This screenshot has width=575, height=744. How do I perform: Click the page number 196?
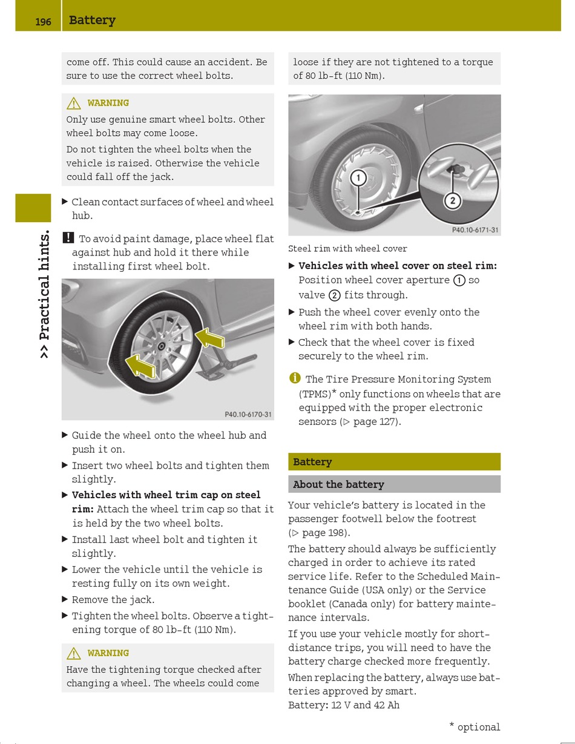43,22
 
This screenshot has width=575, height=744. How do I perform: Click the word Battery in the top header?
92,20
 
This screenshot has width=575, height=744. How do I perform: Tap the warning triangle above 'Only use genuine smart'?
74,104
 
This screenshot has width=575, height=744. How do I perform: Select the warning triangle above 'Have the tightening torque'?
74,654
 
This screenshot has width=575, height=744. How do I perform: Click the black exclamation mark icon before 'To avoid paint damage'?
68,238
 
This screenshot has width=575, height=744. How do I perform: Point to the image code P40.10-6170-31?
248,415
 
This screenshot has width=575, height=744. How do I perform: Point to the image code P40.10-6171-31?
475,230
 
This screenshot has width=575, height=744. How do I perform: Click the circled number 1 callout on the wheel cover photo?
358,178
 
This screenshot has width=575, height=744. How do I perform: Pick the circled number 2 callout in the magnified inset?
452,201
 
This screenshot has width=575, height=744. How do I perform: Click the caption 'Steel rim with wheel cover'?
347,249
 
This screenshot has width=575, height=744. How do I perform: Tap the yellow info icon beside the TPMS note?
295,378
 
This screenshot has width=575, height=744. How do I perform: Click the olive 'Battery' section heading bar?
394,462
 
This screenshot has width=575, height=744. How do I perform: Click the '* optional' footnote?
475,727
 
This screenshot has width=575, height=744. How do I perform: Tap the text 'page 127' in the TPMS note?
375,422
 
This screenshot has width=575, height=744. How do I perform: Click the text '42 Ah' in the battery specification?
387,705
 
